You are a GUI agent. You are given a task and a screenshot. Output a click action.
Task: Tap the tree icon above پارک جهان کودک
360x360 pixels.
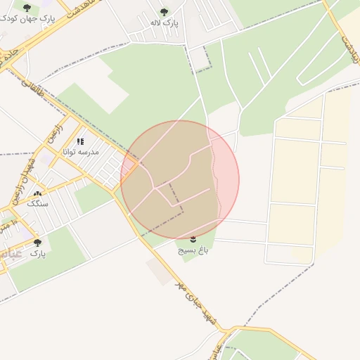27,8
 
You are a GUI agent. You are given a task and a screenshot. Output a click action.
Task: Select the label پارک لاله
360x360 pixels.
165,23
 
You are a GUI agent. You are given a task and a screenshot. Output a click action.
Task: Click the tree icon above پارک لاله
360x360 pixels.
165,12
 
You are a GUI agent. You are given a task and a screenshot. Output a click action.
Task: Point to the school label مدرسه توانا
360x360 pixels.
81,152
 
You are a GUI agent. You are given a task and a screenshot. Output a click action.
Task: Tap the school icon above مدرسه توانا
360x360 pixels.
80,141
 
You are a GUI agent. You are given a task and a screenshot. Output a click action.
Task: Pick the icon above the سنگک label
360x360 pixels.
37,193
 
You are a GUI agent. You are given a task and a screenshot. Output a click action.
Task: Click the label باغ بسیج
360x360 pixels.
193,249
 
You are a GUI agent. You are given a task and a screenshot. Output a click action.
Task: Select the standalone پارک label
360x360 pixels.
37,252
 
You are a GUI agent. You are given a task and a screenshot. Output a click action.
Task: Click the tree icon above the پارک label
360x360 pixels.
37,243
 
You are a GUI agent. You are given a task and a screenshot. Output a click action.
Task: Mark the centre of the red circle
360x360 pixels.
180,179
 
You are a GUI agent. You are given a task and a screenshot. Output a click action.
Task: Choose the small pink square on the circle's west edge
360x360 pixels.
129,167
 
